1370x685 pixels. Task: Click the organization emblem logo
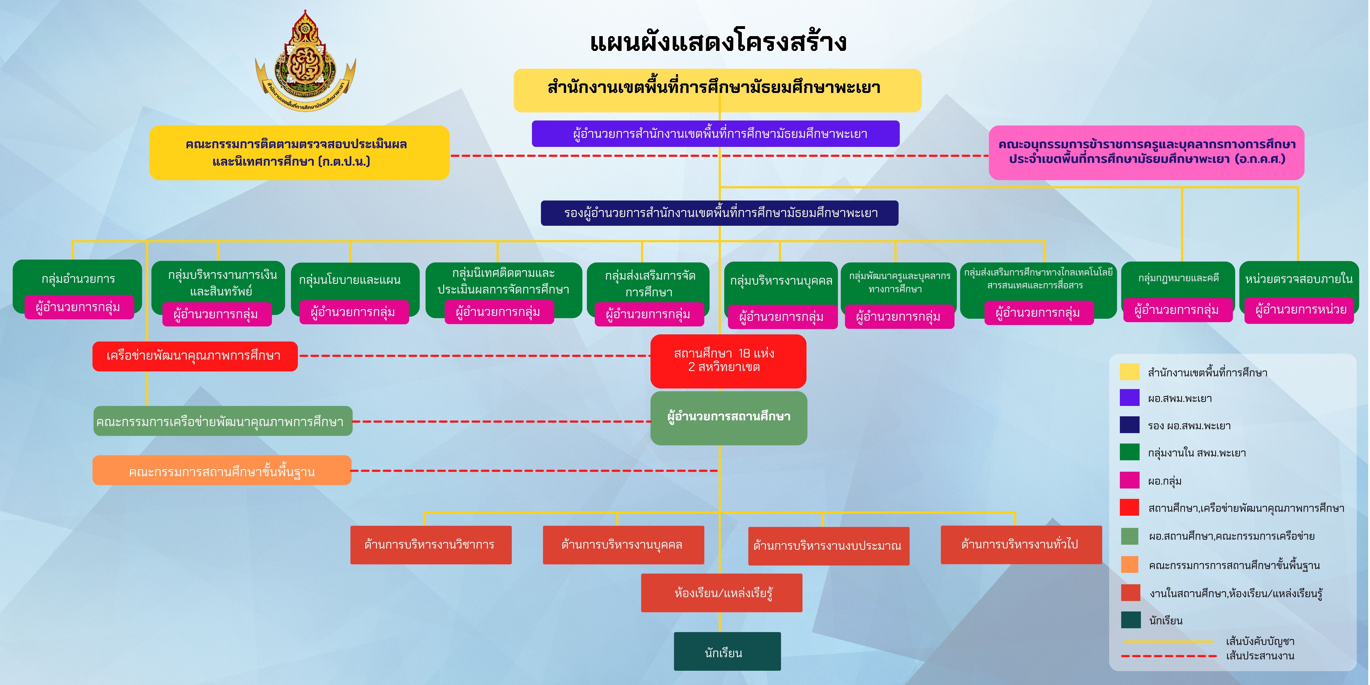point(305,61)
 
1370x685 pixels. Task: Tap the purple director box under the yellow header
point(715,133)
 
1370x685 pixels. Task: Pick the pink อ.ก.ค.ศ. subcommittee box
point(1146,152)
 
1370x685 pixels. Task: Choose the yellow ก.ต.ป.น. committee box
point(299,153)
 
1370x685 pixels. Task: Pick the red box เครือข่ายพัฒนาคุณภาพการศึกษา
point(195,356)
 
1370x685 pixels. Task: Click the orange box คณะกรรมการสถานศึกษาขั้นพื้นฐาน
point(222,471)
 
